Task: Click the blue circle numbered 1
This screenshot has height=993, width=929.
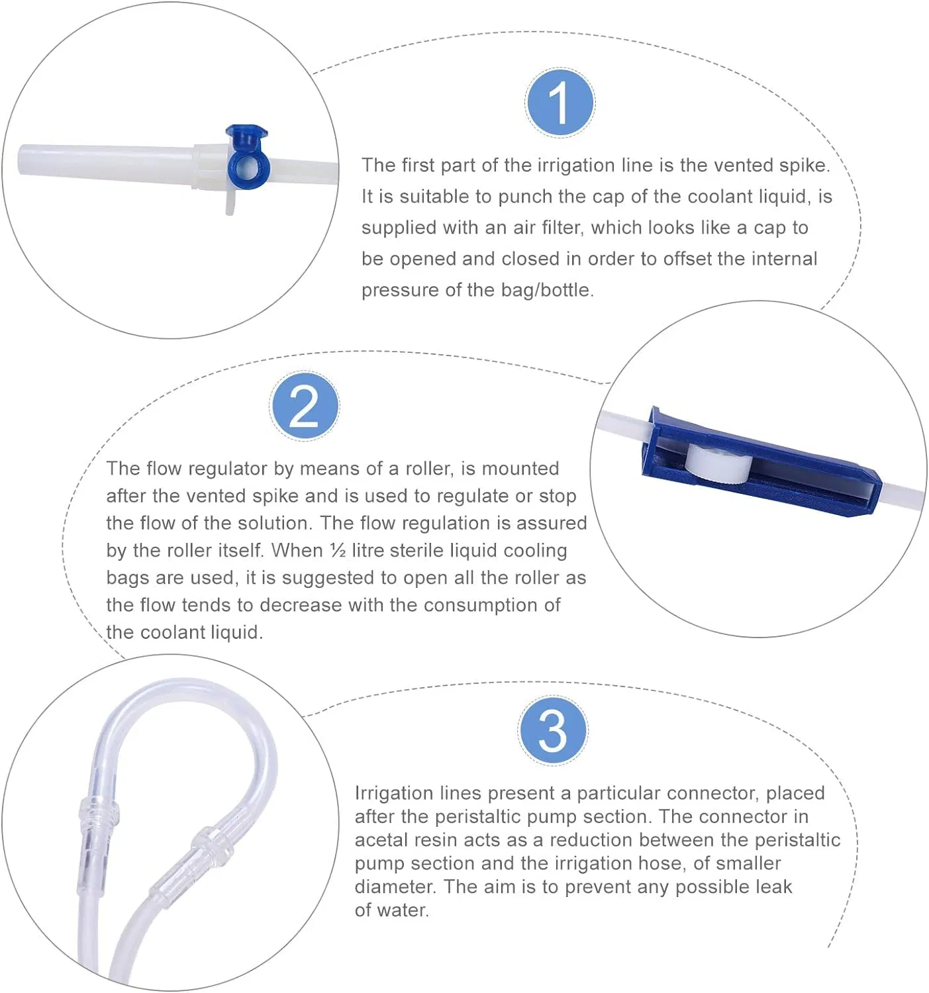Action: point(560,103)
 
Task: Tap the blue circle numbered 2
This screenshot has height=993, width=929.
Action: point(304,406)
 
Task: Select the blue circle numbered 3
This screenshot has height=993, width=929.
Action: point(552,730)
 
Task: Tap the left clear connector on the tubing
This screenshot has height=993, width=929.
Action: point(97,812)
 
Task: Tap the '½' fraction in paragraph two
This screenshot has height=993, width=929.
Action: point(337,550)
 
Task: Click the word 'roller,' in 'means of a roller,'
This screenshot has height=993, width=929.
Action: point(429,469)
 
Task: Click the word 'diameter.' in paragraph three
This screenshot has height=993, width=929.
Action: point(395,886)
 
